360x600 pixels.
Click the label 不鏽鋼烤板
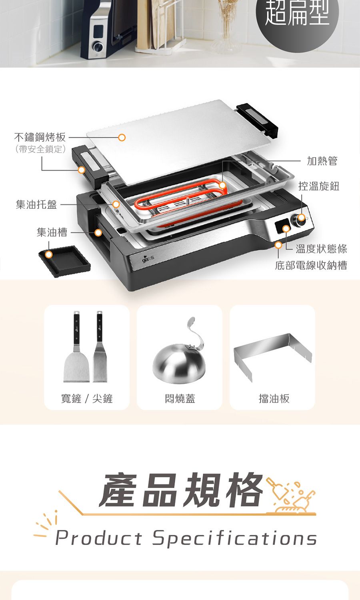tap(40, 137)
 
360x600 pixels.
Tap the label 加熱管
tap(322, 161)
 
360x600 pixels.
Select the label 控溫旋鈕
tap(319, 186)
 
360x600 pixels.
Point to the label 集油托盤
tap(36, 204)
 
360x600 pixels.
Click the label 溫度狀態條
tap(322, 249)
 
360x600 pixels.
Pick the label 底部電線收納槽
tap(311, 265)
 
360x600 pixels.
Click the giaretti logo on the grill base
tap(148, 259)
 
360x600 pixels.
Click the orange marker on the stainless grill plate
tap(122, 138)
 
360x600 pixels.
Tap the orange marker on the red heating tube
tap(222, 185)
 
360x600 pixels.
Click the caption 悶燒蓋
tap(180, 398)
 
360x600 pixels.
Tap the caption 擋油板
tap(274, 398)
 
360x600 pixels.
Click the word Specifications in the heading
tap(235, 538)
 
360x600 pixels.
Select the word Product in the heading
tap(98, 538)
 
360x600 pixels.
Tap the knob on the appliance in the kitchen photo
tap(98, 47)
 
